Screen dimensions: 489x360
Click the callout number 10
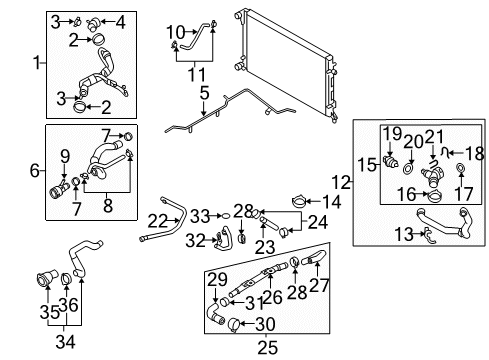click(176, 32)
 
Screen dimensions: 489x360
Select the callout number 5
click(204, 93)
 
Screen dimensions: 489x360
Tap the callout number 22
click(158, 221)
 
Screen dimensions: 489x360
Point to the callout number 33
click(200, 216)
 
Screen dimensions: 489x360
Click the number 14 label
click(332, 202)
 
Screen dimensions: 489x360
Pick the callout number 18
click(474, 154)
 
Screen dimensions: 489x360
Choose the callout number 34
click(65, 342)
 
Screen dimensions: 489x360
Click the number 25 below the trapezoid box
click(267, 348)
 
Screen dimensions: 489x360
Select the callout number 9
click(65, 156)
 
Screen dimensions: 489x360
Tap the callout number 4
click(120, 23)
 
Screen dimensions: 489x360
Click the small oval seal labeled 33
click(226, 216)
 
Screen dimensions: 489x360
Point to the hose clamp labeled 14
click(299, 201)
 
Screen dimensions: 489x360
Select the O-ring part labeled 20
click(409, 168)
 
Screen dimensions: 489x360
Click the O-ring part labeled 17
click(460, 168)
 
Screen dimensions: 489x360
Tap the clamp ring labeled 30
click(234, 324)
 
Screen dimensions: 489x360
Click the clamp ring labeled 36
click(66, 279)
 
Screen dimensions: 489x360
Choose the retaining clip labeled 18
click(444, 152)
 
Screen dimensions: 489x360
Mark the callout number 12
click(341, 182)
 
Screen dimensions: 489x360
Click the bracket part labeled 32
click(222, 239)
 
